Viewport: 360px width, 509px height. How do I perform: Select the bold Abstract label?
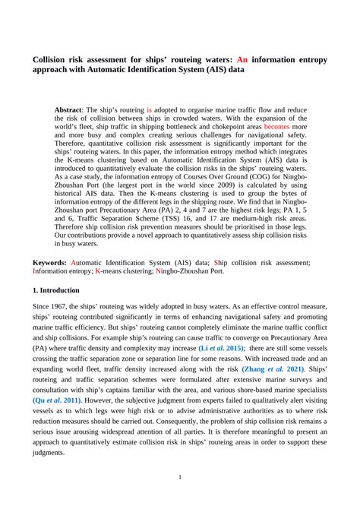click(71, 110)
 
